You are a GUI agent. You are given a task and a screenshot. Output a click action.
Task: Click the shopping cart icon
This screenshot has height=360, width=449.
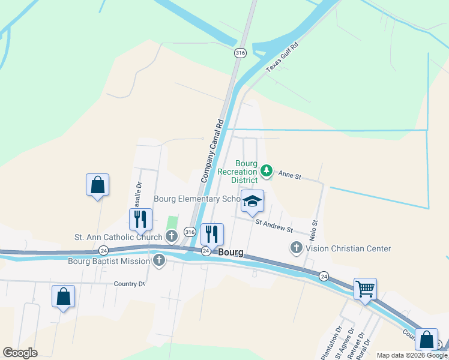coord(365,290)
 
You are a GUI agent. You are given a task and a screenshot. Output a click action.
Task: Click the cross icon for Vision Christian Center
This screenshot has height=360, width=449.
coord(296,247)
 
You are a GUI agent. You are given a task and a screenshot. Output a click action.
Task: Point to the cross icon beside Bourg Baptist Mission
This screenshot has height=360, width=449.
coord(158,260)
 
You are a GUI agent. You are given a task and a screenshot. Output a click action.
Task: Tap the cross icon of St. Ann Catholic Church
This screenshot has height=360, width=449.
coord(172,236)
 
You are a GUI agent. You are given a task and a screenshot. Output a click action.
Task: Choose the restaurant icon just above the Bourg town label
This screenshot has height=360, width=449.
coord(212,234)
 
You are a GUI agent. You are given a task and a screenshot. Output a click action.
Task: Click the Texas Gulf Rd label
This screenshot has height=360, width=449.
coord(282,57)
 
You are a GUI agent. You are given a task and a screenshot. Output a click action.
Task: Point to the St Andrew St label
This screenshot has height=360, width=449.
coord(273,226)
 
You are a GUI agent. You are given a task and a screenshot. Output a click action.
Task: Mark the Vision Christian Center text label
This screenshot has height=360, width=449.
coord(348,248)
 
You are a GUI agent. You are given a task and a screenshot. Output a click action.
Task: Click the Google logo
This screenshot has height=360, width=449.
coord(20,353)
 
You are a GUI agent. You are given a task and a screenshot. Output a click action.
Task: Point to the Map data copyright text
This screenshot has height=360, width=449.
coord(412,355)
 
